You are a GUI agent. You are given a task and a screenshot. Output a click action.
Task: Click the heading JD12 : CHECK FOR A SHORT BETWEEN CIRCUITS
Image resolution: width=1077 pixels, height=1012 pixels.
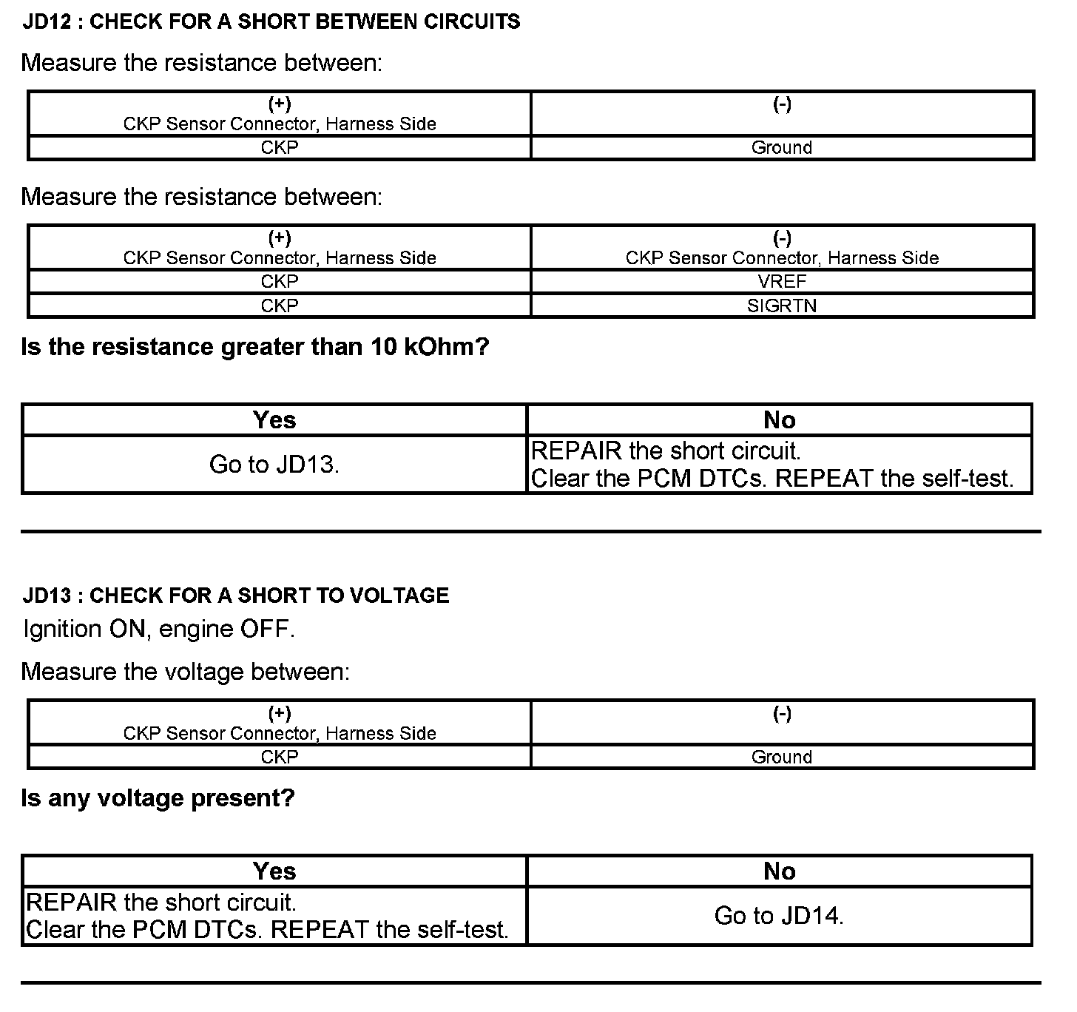tap(271, 21)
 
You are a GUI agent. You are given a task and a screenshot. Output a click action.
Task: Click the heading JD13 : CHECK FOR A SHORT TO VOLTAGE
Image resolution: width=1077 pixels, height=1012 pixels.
tap(235, 596)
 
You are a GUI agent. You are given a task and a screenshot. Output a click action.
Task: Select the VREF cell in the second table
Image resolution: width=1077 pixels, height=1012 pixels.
tap(782, 282)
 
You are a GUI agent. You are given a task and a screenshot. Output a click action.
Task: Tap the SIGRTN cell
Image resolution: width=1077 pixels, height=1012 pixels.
tap(782, 306)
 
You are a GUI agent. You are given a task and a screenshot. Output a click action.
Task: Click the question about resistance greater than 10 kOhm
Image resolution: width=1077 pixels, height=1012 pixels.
tap(255, 347)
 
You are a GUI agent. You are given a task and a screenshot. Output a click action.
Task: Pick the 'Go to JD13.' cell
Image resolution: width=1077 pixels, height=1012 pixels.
tap(274, 465)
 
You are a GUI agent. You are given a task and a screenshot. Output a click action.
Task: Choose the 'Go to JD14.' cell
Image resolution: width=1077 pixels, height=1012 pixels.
tap(779, 916)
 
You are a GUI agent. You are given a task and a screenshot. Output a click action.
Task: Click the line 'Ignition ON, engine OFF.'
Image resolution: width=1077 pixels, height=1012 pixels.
tap(159, 630)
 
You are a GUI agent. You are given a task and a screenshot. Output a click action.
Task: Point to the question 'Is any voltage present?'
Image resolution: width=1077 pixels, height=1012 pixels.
tap(158, 798)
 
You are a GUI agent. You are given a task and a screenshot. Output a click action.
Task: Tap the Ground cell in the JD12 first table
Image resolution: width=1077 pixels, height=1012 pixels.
tap(782, 148)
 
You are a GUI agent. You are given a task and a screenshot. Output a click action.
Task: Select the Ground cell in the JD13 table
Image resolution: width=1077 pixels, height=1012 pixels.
tap(782, 758)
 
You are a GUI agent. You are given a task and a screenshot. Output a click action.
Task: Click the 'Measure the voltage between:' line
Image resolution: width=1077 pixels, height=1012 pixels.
tap(185, 672)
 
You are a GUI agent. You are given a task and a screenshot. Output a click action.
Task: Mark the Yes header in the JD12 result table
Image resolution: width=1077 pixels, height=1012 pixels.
tap(274, 420)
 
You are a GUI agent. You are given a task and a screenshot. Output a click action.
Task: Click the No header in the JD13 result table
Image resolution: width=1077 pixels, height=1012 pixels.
tap(779, 871)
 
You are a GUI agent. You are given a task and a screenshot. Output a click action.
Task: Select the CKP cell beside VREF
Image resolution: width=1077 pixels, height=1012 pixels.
tap(280, 282)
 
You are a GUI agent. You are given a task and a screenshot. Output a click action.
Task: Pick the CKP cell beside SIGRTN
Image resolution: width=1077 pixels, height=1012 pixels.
tap(280, 306)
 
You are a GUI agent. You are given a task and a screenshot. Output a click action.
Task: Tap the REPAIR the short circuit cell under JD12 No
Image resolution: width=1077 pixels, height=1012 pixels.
tap(772, 465)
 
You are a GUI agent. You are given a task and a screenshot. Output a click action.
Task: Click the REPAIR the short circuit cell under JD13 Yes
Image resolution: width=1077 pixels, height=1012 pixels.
tap(267, 916)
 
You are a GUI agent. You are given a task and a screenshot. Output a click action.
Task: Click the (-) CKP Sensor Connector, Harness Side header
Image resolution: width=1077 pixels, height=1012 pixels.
tap(782, 249)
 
